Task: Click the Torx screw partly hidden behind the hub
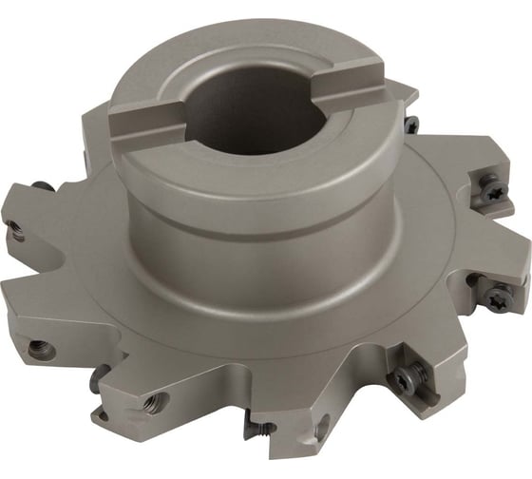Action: pos(410,125)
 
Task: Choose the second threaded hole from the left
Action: pos(40,348)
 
